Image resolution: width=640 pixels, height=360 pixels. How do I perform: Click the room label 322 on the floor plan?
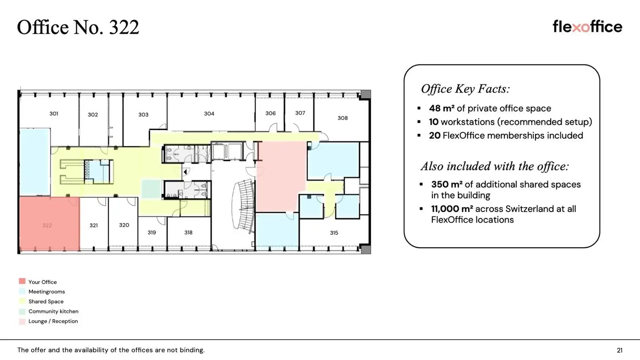pyautogui.click(x=47, y=225)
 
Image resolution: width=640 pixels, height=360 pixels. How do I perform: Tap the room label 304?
pyautogui.click(x=209, y=114)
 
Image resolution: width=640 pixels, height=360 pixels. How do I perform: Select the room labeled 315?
pyautogui.click(x=334, y=233)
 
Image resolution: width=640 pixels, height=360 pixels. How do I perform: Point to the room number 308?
pyautogui.click(x=343, y=118)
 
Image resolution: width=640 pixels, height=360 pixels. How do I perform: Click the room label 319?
pyautogui.click(x=152, y=232)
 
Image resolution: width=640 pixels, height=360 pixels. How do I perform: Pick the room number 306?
pyautogui.click(x=271, y=113)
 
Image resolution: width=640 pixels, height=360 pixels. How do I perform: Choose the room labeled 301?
pyautogui.click(x=54, y=114)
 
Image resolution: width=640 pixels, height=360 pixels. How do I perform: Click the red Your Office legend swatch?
pyautogui.click(x=22, y=281)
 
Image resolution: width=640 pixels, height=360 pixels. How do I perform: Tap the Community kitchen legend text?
pyautogui.click(x=53, y=312)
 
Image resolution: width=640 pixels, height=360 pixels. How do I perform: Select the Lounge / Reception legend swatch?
pyautogui.click(x=22, y=321)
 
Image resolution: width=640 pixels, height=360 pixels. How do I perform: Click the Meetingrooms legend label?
pyautogui.click(x=47, y=292)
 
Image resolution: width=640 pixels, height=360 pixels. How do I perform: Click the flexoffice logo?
pyautogui.click(x=587, y=27)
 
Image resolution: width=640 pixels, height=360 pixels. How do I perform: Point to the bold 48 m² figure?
pyautogui.click(x=442, y=108)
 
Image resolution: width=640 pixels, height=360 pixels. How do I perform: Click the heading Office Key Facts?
pyautogui.click(x=465, y=89)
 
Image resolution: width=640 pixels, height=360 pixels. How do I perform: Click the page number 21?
pyautogui.click(x=620, y=350)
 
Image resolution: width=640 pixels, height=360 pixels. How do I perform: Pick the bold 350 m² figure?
pyautogui.click(x=447, y=184)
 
